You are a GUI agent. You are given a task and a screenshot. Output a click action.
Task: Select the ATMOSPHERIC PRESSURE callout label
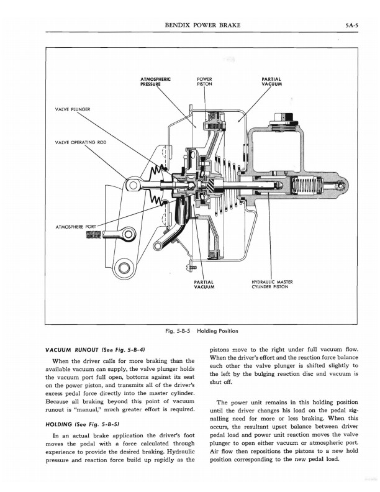(x=156, y=82)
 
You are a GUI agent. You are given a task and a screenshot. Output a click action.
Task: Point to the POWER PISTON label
(x=204, y=82)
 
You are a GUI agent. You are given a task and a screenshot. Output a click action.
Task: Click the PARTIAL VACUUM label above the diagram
(x=272, y=82)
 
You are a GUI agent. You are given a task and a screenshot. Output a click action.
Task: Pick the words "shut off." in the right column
(x=223, y=383)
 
